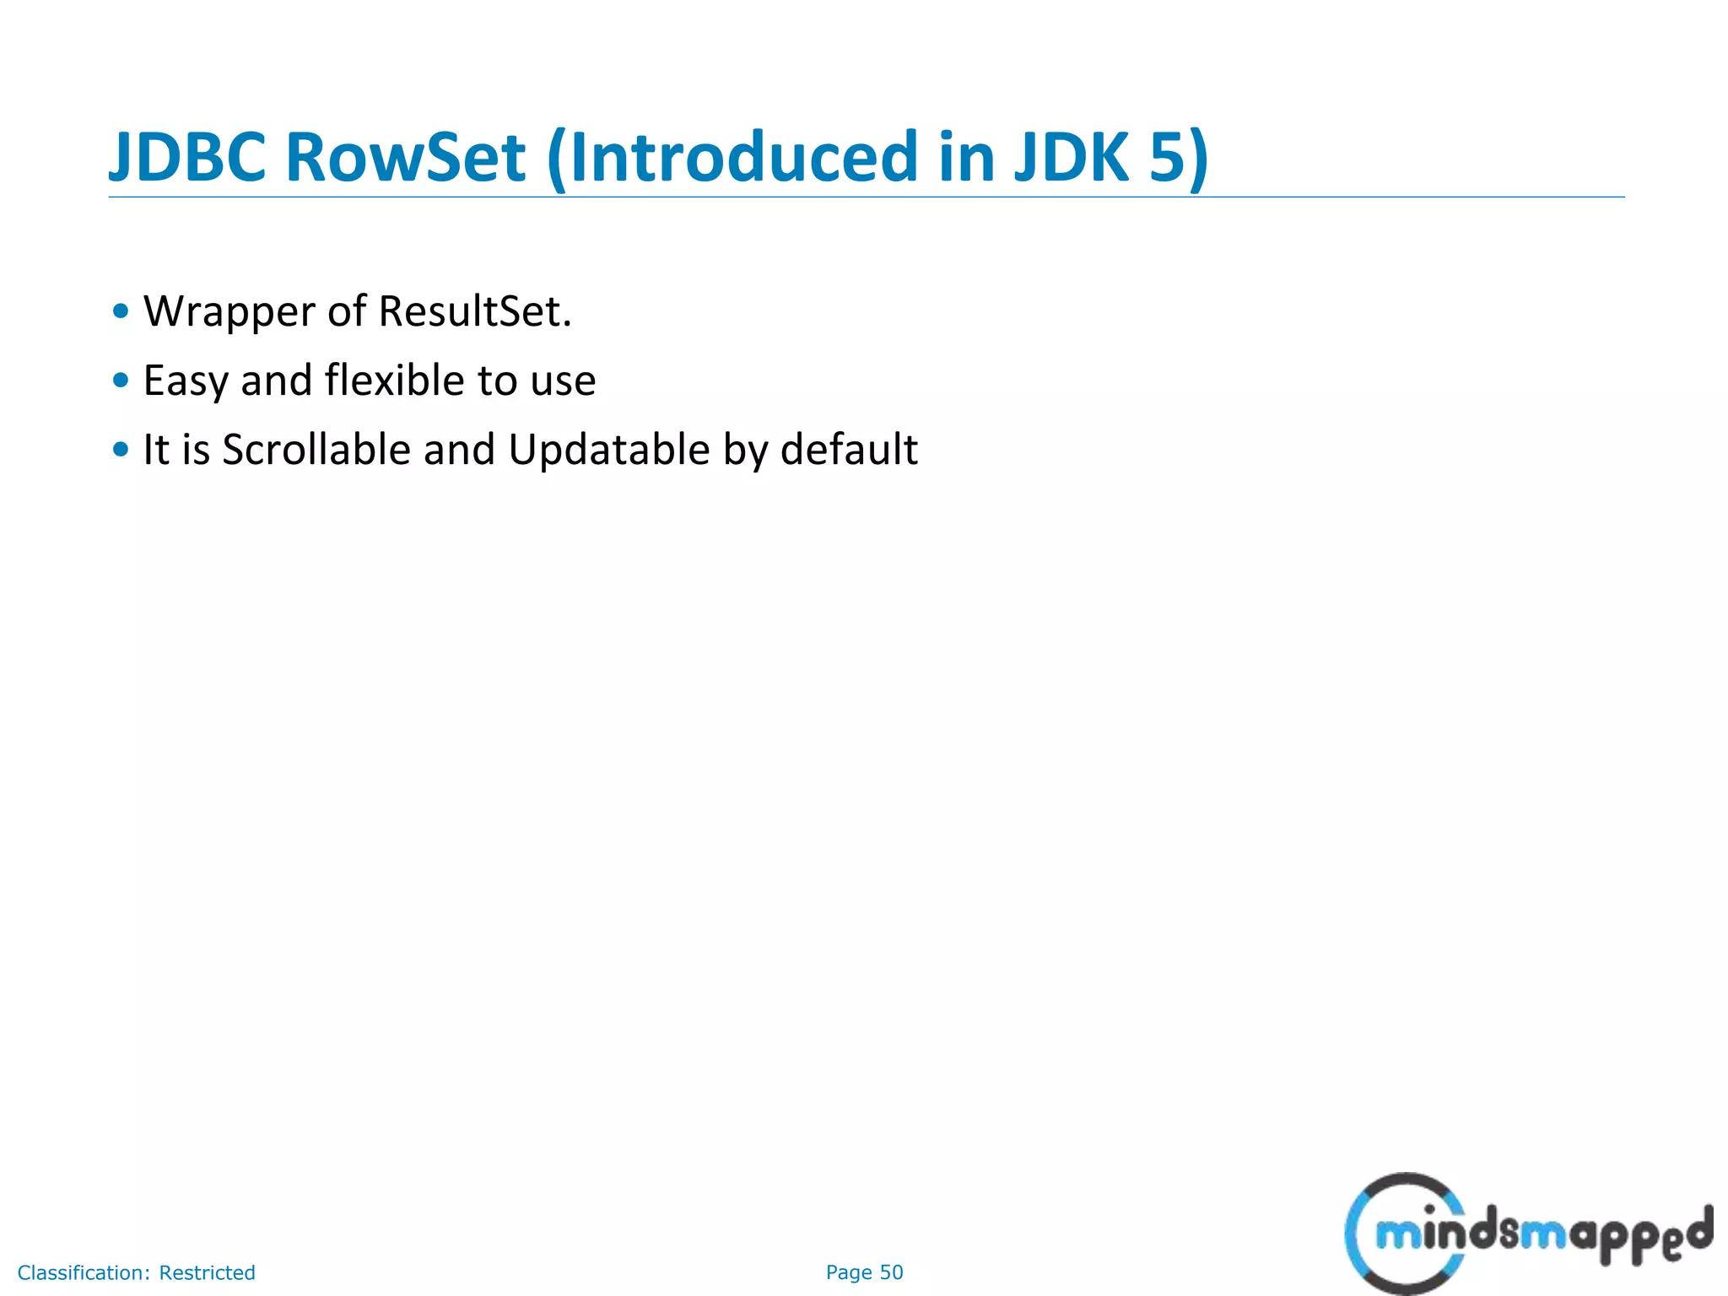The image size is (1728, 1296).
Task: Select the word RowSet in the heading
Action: tap(406, 158)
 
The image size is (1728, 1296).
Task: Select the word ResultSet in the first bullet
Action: tap(475, 311)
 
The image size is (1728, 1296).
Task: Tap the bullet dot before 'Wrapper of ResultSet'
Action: tap(121, 311)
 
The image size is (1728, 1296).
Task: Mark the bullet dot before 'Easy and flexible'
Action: tap(121, 381)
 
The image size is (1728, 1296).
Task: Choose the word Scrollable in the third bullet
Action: tap(316, 450)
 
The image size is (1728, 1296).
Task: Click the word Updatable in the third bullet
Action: tap(609, 450)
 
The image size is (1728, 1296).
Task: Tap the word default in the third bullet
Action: tap(849, 450)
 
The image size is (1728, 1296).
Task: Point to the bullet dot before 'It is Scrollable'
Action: tap(121, 450)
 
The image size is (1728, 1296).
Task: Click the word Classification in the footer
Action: tap(84, 1272)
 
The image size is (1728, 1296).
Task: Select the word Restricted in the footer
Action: tap(208, 1272)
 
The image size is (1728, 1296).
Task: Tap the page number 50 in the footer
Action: tap(892, 1272)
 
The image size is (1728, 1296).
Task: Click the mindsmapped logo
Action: tap(1527, 1234)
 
